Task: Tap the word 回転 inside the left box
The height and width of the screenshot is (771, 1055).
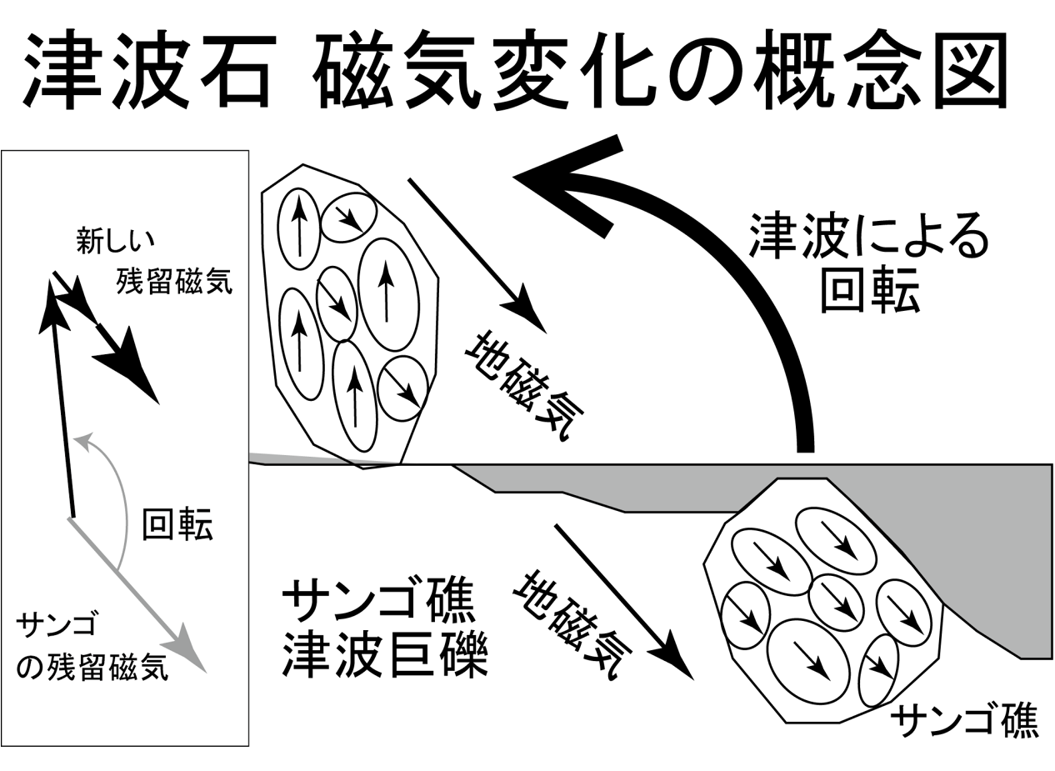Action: pos(177,525)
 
